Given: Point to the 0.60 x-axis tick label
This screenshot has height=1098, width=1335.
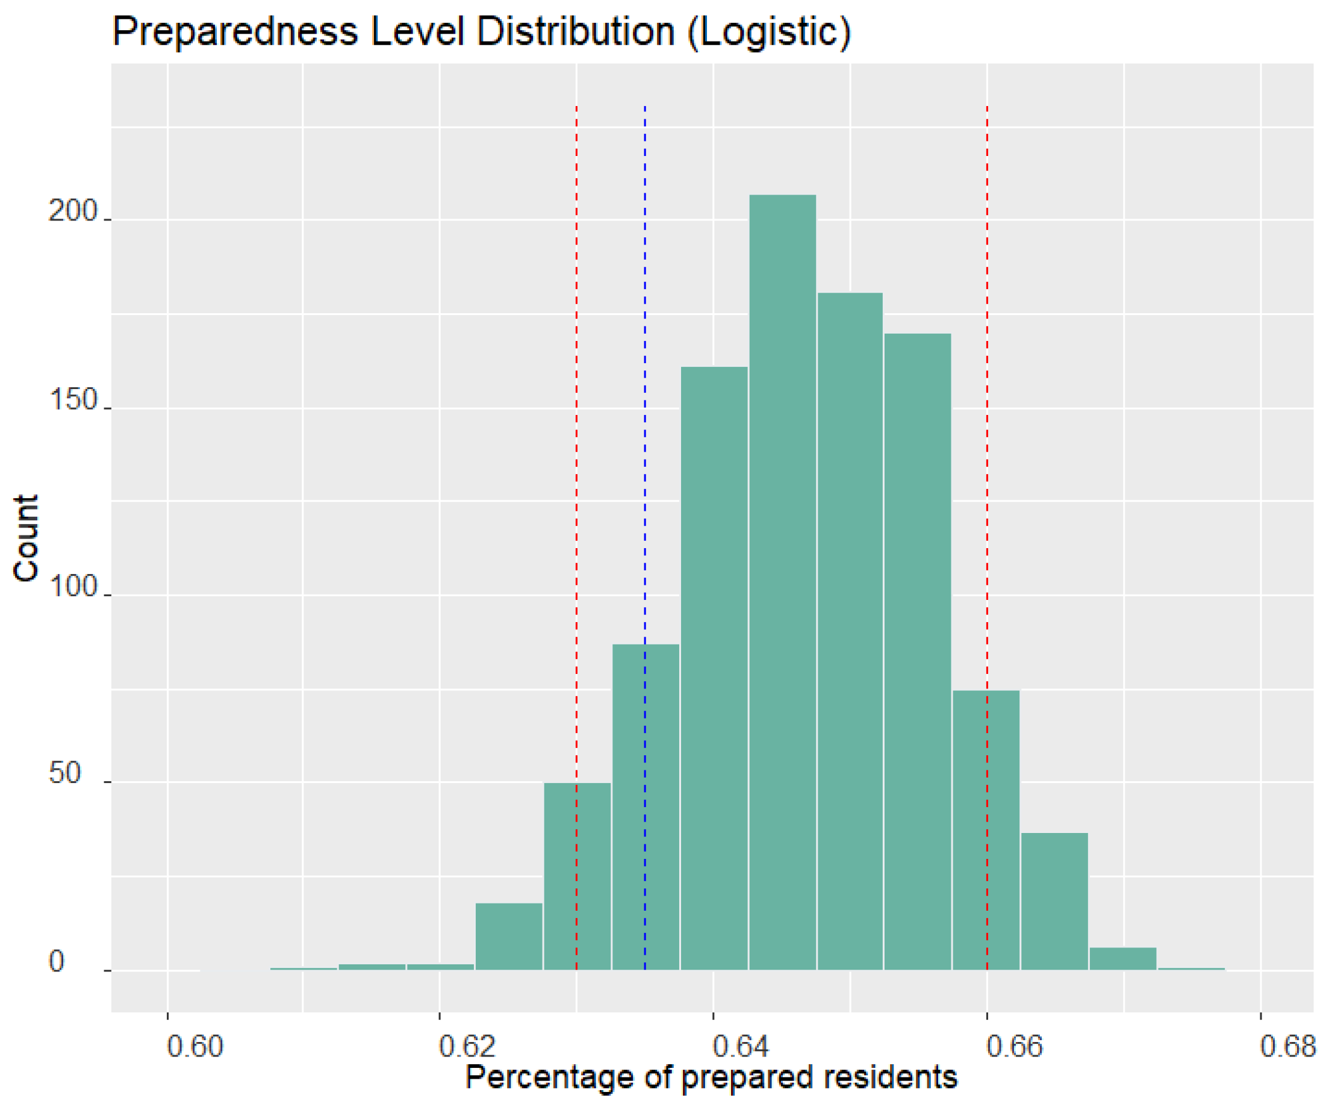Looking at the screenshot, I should (x=194, y=1047).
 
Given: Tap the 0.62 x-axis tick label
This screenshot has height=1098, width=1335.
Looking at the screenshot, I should (x=467, y=1047).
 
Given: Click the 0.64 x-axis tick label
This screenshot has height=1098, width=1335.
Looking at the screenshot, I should (x=741, y=1047).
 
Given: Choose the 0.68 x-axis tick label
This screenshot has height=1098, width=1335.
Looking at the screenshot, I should (x=1287, y=1047).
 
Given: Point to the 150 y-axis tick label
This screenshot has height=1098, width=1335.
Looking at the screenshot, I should (x=72, y=400).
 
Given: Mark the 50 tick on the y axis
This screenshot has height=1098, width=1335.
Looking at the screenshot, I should (x=64, y=773).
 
